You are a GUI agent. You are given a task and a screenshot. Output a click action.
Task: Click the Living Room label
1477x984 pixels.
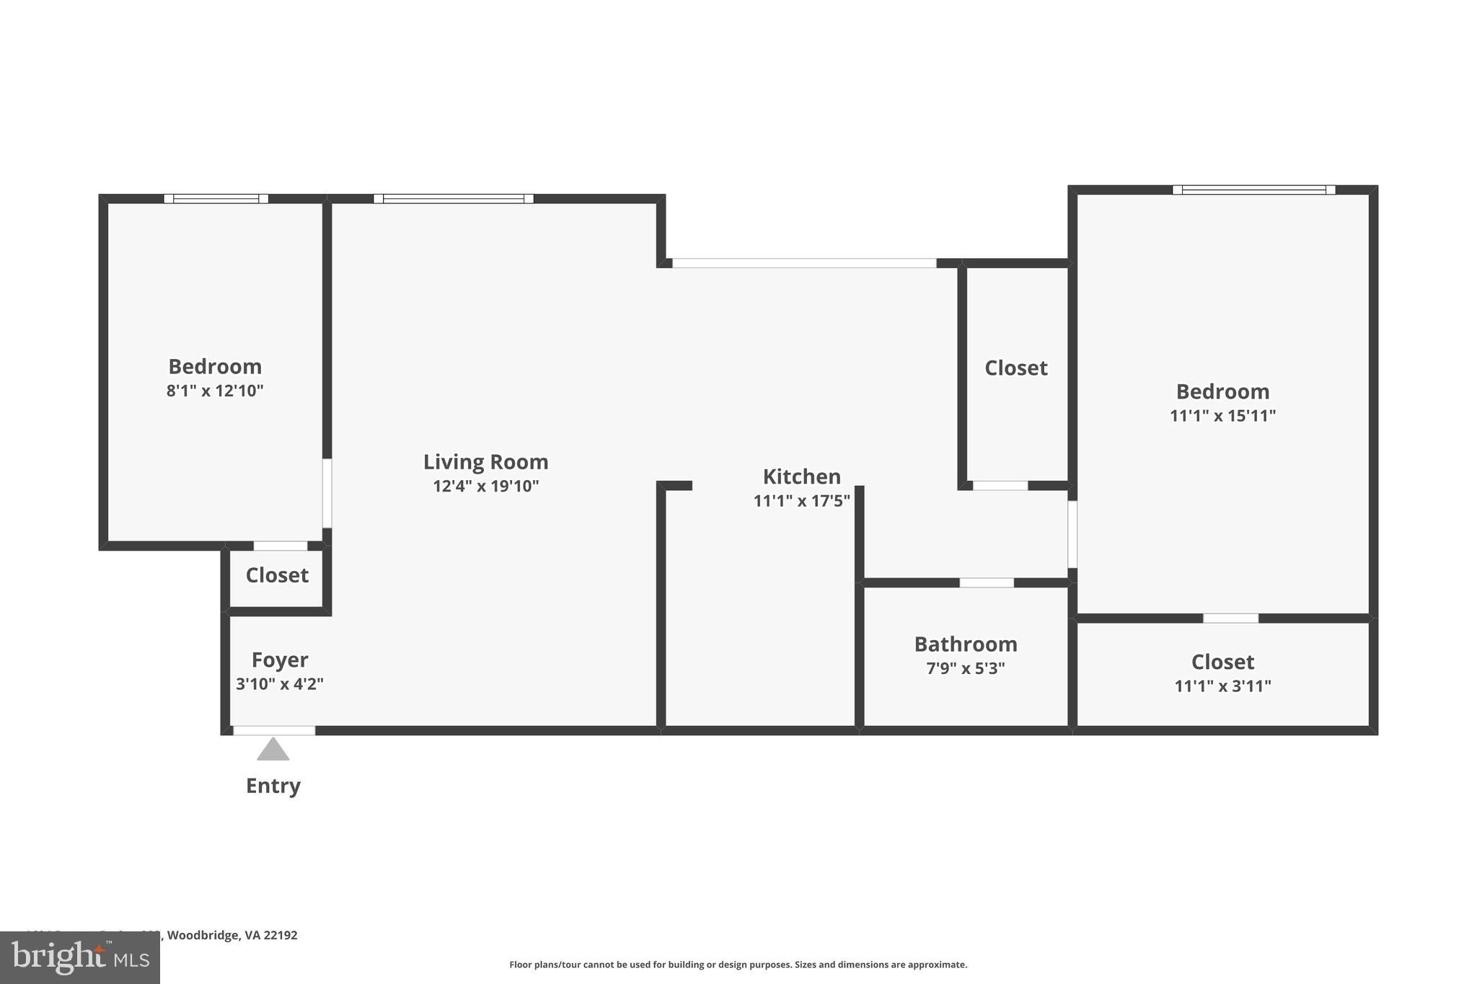coord(485,461)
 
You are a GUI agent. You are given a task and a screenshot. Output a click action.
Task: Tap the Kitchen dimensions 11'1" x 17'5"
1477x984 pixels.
coord(801,500)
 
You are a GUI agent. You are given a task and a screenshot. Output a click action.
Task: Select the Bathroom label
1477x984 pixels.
coord(965,644)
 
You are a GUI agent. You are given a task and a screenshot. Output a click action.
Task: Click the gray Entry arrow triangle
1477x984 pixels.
coord(273,750)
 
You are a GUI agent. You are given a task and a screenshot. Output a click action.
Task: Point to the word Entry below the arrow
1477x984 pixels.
coord(273,786)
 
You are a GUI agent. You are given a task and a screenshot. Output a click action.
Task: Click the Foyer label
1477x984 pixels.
coord(280,660)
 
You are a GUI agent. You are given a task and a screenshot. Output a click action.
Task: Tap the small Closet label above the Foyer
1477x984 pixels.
coord(277,575)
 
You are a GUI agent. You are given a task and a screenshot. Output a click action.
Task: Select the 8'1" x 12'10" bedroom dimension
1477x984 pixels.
coord(215,391)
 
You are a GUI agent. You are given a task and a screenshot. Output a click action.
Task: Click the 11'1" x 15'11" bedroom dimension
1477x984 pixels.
coord(1222,416)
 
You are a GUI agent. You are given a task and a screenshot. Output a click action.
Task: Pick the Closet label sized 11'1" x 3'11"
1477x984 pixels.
coord(1222,662)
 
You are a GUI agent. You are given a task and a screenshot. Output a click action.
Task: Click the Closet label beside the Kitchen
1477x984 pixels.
coord(1015,368)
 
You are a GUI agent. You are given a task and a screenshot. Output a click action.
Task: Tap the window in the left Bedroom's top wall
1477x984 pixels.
coord(216,199)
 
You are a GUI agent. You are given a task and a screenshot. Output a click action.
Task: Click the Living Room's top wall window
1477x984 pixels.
coord(453,199)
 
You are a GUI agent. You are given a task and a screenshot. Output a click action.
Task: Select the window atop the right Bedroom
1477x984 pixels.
coord(1253,190)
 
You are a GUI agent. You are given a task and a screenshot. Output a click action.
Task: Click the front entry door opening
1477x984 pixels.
coord(274,730)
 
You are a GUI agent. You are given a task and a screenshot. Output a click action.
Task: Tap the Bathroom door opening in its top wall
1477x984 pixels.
coord(986,582)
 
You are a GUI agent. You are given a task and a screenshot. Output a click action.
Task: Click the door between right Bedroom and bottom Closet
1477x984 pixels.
coord(1230,619)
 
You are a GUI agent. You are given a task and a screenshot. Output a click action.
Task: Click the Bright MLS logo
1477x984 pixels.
coord(79,957)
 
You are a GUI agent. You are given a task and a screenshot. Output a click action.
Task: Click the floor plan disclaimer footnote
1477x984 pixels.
coord(738,965)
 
